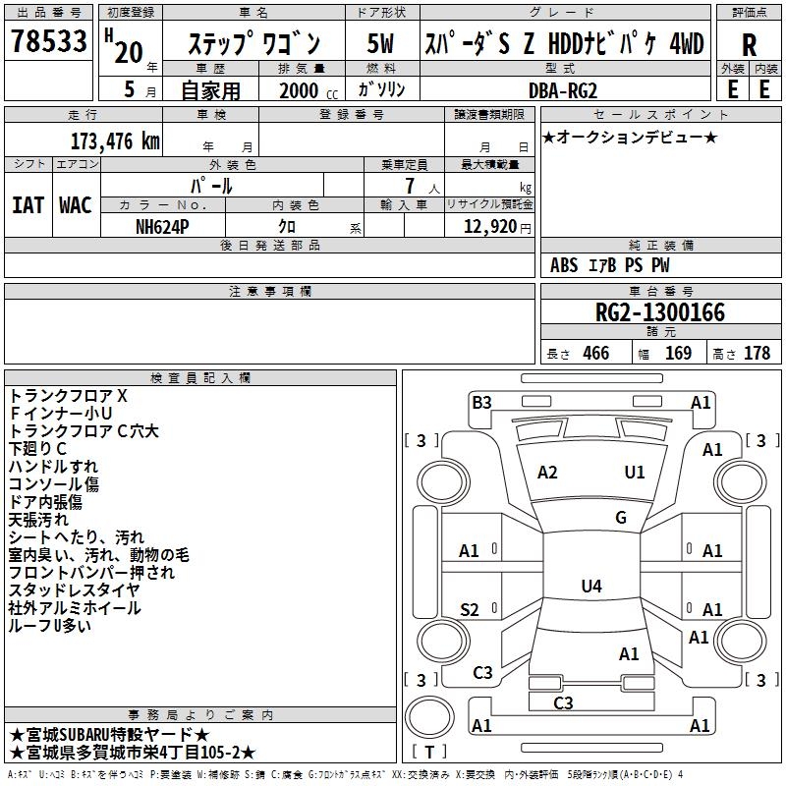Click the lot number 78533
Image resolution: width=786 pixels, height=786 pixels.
coord(48,44)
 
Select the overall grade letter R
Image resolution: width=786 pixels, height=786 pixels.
coord(749,44)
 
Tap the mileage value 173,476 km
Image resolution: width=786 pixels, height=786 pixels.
coord(115,140)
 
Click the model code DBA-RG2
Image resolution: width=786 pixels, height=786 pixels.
coord(562,89)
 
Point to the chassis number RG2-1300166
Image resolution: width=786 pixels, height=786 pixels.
coord(660,312)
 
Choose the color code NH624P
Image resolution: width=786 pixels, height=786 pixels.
coord(164,226)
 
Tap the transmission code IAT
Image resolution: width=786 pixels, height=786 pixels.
coord(28,204)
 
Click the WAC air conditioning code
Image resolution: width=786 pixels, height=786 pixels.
coord(76,204)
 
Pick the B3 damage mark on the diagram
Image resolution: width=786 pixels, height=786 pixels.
coord(481,402)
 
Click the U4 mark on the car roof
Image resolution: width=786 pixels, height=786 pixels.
coord(590,587)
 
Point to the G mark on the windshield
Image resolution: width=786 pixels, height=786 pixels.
coord(621,518)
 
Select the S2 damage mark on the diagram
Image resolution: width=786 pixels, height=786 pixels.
coord(470,610)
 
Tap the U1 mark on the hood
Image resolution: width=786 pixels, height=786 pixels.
coord(635,473)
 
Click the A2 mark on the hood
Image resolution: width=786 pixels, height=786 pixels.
coord(547,473)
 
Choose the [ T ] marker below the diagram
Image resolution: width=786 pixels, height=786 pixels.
coord(428,753)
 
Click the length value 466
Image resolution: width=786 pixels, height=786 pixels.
coord(595,354)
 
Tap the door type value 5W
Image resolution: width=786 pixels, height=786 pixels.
coord(380,44)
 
